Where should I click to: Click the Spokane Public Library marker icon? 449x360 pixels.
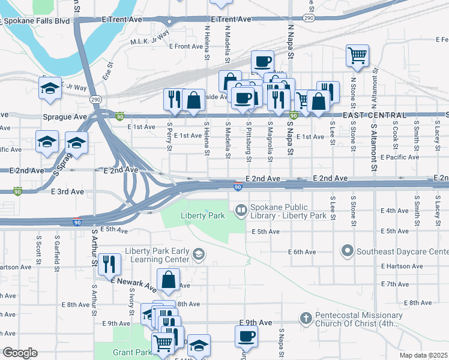(x=241, y=210)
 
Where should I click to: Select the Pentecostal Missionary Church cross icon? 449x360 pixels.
(x=306, y=317)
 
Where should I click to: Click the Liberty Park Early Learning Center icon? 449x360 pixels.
(x=198, y=256)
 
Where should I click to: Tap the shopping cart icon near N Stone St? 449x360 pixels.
(x=357, y=55)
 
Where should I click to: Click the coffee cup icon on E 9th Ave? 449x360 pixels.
(x=246, y=336)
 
